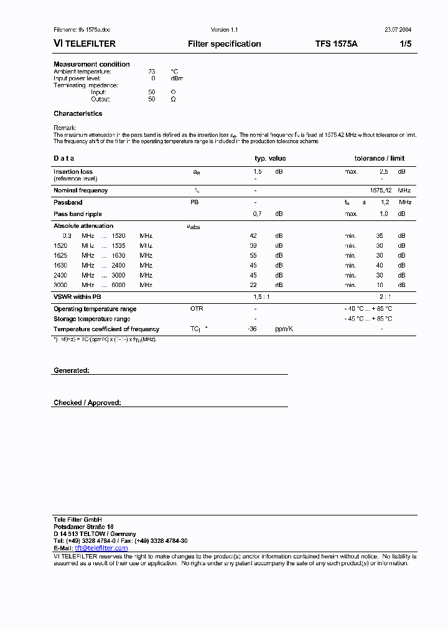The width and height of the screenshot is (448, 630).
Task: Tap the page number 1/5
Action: (x=404, y=44)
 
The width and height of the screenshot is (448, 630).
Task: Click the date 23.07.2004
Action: (x=397, y=30)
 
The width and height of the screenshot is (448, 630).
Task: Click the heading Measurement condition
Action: (x=91, y=64)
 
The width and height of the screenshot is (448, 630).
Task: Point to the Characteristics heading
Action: (x=78, y=113)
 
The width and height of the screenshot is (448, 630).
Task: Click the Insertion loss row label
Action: (x=73, y=171)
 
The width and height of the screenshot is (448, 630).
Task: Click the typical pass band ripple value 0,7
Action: (x=257, y=214)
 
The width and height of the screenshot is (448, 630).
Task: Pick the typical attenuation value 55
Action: (x=253, y=255)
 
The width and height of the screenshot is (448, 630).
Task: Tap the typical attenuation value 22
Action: (x=253, y=284)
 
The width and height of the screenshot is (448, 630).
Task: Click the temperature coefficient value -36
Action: (x=252, y=329)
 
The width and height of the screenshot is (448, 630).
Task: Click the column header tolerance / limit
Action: (x=379, y=158)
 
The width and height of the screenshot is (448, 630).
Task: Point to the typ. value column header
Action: (x=270, y=158)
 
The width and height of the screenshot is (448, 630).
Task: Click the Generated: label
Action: (x=71, y=370)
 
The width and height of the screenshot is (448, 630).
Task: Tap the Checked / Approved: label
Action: (x=87, y=403)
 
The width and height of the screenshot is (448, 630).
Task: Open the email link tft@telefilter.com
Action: (x=101, y=548)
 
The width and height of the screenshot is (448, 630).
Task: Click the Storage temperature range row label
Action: (x=91, y=319)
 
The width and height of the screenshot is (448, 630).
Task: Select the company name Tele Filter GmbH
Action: (x=78, y=519)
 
